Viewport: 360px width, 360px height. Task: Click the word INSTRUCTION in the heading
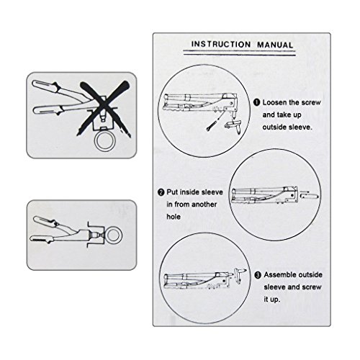coord(221,45)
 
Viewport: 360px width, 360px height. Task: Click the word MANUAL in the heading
coord(275,45)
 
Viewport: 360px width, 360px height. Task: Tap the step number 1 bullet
coord(257,102)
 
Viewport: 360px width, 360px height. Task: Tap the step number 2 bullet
coord(161,192)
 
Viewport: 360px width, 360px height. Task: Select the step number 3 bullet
coord(258,275)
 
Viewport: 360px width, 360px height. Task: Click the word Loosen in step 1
coord(274,102)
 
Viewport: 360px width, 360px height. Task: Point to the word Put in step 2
coord(172,192)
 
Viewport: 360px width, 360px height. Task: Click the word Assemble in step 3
coord(279,275)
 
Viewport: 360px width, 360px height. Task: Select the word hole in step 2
coord(174,217)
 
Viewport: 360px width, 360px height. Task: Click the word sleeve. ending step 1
coord(300,127)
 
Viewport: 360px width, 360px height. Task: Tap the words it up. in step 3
coord(272,300)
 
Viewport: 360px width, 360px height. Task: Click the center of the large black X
coord(104,107)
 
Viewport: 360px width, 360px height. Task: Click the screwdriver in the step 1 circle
coord(215,121)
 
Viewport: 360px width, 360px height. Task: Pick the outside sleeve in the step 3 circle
coord(239,276)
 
